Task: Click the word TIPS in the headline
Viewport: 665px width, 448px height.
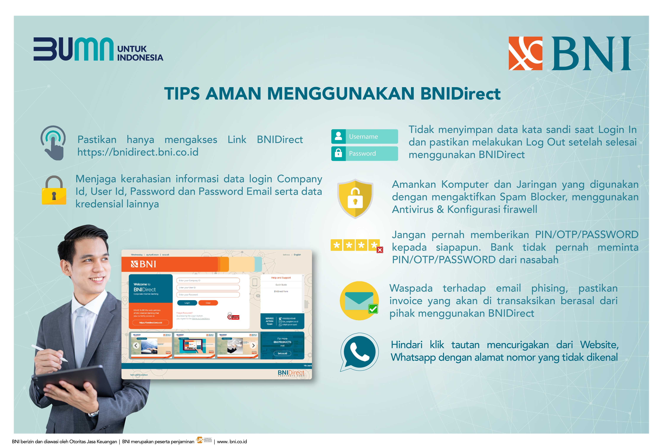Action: [x=182, y=94]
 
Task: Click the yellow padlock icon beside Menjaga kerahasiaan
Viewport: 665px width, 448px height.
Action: [x=54, y=191]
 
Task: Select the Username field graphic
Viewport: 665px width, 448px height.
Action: [x=364, y=137]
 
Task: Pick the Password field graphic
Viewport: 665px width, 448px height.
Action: [x=364, y=153]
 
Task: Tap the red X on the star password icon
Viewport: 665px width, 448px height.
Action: [x=379, y=250]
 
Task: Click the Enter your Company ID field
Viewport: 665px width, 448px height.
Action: [x=208, y=280]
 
